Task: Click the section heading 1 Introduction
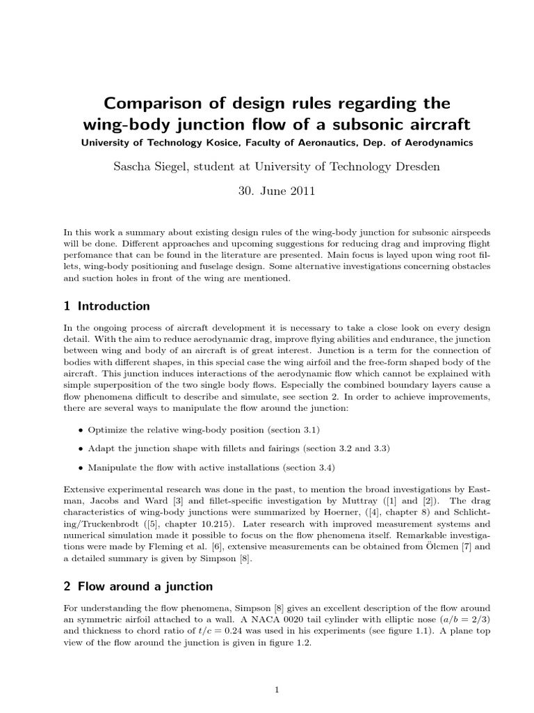pyautogui.click(x=106, y=306)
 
